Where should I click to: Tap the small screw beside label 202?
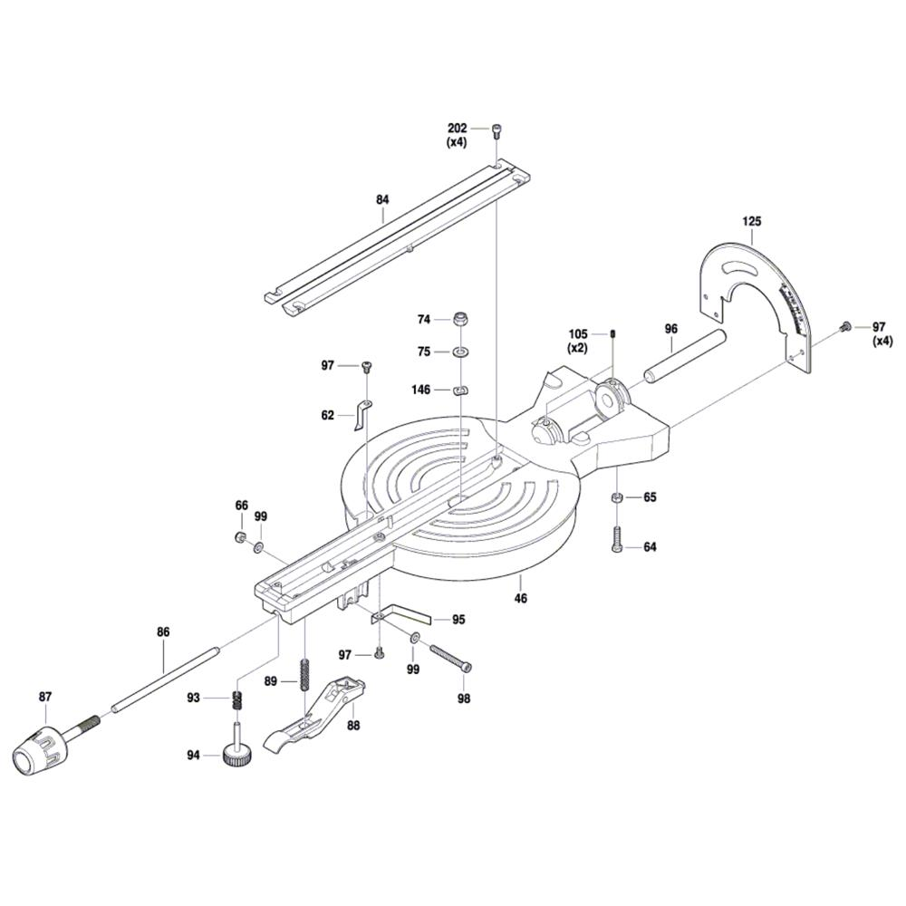pos(496,130)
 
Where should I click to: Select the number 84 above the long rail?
pos(382,201)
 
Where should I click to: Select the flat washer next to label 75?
pos(461,351)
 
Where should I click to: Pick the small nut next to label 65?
pos(615,497)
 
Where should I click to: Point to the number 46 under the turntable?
pos(520,598)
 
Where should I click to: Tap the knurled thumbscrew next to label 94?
pos(236,747)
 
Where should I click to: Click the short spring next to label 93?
pos(237,700)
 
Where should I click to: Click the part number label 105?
pos(578,333)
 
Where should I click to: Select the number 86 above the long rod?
pos(163,631)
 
